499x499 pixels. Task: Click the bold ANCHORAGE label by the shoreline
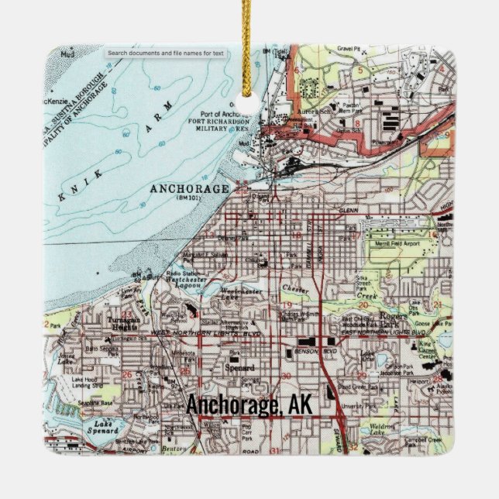click(x=190, y=189)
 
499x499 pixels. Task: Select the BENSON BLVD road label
click(x=314, y=350)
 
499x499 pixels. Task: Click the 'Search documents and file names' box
click(x=165, y=53)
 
